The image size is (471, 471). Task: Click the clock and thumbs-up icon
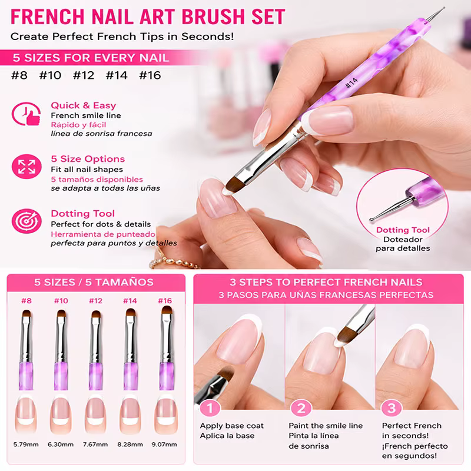26,114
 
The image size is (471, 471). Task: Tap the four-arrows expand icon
26,167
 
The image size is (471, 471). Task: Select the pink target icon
26,221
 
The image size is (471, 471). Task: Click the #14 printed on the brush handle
351,82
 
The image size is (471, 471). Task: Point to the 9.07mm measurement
164,445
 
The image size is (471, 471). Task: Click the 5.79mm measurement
26,445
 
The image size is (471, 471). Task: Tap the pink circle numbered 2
301,408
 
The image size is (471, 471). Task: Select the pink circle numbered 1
210,408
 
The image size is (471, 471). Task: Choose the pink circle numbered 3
392,408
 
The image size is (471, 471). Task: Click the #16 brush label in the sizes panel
165,301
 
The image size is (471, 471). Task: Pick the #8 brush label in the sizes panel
26,301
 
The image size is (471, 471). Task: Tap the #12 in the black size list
84,75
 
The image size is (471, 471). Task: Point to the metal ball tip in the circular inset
372,220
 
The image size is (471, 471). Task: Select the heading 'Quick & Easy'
84,105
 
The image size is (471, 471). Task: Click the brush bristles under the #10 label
61,314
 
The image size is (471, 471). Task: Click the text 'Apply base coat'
232,426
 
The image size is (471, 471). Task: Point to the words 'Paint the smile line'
326,426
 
